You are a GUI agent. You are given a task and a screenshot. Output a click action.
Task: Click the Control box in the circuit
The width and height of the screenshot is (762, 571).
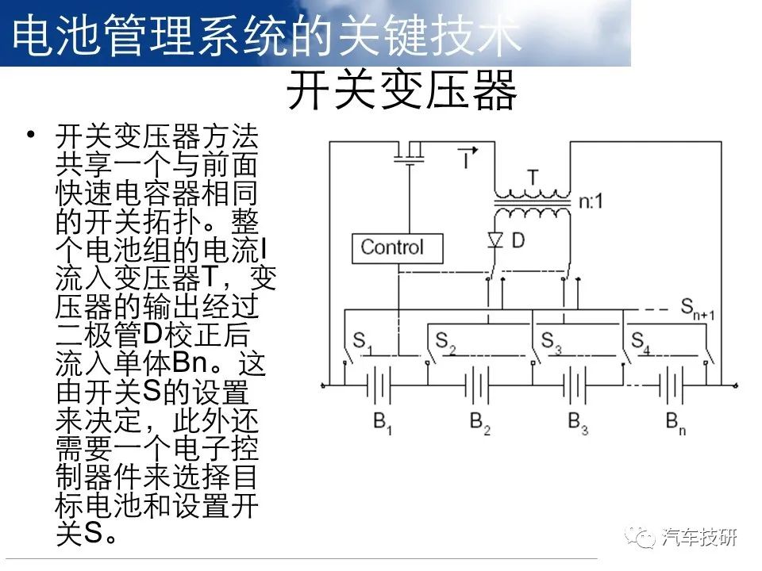(x=397, y=248)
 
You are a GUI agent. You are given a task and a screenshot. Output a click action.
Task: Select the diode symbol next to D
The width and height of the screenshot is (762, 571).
(x=495, y=240)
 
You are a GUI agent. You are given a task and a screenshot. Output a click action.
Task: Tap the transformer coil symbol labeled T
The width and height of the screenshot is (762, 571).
(x=533, y=205)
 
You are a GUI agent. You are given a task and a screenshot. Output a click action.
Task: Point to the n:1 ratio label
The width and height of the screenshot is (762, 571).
(x=591, y=201)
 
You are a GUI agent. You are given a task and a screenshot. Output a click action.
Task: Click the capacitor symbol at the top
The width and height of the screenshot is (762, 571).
(x=410, y=155)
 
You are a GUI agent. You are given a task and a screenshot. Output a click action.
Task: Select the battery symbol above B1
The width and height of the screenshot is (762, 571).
(x=379, y=385)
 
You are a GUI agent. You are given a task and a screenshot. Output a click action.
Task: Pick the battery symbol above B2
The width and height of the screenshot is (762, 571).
(x=477, y=385)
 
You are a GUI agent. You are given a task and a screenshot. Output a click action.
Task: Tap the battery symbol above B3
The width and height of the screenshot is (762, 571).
(x=575, y=385)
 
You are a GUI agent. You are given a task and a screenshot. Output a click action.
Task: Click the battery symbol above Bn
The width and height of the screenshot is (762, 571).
(x=672, y=385)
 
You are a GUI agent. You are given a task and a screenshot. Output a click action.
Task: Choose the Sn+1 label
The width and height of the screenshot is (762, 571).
(x=698, y=308)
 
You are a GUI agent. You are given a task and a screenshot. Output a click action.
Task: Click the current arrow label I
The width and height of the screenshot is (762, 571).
(x=468, y=156)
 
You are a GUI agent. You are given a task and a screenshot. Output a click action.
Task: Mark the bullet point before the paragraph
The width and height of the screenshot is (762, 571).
(x=31, y=133)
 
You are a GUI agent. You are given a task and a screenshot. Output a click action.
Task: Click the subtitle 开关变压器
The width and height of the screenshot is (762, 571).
(x=402, y=90)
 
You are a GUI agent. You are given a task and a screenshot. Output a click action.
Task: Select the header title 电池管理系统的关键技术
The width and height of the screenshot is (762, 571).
(x=267, y=35)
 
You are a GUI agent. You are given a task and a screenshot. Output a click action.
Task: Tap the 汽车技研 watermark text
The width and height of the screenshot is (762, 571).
(x=699, y=538)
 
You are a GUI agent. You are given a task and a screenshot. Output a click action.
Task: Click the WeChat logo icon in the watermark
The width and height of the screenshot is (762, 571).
(x=640, y=537)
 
